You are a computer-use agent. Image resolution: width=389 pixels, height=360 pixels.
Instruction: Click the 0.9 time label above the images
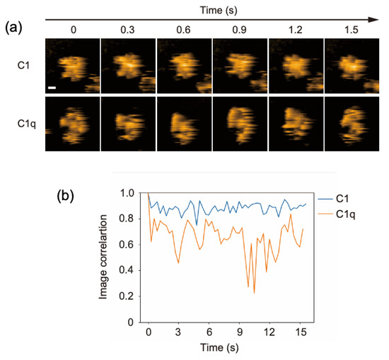click(240, 30)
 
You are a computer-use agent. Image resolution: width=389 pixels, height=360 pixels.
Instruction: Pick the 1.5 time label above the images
click(352, 30)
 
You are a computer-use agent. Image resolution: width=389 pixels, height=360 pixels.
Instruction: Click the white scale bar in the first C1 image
click(52, 88)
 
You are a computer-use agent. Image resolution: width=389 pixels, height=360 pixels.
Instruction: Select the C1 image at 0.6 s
click(184, 66)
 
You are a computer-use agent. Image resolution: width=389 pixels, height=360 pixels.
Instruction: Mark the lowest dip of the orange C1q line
click(254, 293)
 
